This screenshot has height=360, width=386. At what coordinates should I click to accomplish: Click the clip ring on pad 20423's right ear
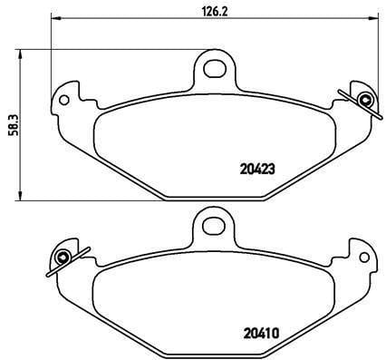point(364,100)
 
